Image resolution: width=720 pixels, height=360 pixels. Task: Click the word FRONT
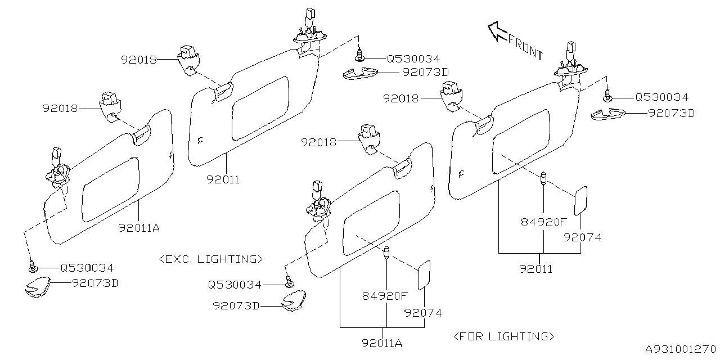[526, 47]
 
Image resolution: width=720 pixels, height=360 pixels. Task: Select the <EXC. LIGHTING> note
[211, 259]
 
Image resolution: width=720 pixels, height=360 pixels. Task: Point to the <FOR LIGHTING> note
[503, 336]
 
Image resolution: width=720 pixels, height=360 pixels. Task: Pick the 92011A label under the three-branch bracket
[382, 343]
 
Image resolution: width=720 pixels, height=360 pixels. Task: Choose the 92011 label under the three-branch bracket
[535, 269]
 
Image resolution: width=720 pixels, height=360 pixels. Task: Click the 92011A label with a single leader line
[139, 228]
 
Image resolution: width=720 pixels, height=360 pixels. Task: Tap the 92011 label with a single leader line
[223, 180]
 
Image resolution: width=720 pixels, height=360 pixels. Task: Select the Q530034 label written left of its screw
[235, 285]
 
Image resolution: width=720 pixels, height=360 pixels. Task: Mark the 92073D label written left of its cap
[236, 305]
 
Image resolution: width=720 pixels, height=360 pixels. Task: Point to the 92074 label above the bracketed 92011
[583, 237]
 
